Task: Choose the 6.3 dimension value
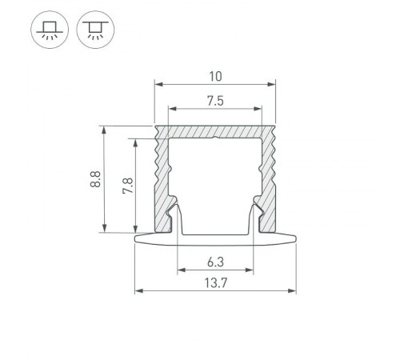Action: click(214, 262)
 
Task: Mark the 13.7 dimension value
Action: click(214, 282)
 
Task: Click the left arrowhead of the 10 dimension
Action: click(158, 84)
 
